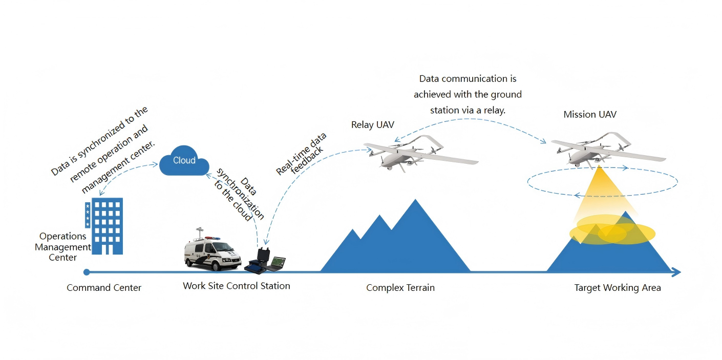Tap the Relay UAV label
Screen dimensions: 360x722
pyautogui.click(x=372, y=125)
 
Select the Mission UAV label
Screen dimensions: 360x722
pyautogui.click(x=590, y=115)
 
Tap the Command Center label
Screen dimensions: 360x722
pyautogui.click(x=104, y=288)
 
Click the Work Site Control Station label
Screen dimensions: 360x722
pyautogui.click(x=237, y=286)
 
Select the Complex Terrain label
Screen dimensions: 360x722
pyautogui.click(x=400, y=288)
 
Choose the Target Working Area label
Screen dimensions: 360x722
pyautogui.click(x=618, y=288)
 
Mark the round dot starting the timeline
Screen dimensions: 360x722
pyautogui.click(x=87, y=272)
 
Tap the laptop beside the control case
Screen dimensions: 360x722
pyautogui.click(x=277, y=263)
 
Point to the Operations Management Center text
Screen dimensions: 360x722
pyautogui.click(x=62, y=247)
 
